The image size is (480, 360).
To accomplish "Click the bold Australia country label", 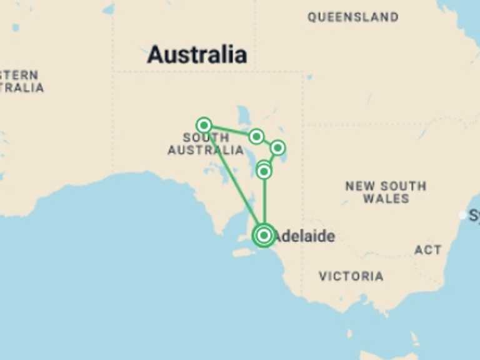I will coord(197,54).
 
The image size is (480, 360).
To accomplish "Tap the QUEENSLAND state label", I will coord(352,17).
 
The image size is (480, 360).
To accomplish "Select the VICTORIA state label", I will coord(351,276).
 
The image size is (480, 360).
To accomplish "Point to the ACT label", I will coord(427,250).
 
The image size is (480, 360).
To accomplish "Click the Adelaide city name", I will coord(304,236).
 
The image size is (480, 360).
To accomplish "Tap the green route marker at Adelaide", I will coord(264,235).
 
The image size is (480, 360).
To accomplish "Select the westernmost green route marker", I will coord(203,124).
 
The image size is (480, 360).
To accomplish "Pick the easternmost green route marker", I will coord(277,147).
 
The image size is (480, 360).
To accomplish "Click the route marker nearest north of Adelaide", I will coord(264,171).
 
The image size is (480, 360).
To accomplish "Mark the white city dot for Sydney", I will coord(462,215).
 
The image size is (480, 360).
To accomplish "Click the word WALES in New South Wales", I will coord(386,199).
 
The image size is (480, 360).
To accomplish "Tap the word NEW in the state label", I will coord(360,186).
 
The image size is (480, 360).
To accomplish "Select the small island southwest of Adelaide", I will coord(244,252).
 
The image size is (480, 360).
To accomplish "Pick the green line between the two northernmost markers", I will coord(229,130).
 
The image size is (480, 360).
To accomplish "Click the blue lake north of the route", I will coord(242,116).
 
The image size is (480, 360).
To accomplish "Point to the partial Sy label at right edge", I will coord(474,216).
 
